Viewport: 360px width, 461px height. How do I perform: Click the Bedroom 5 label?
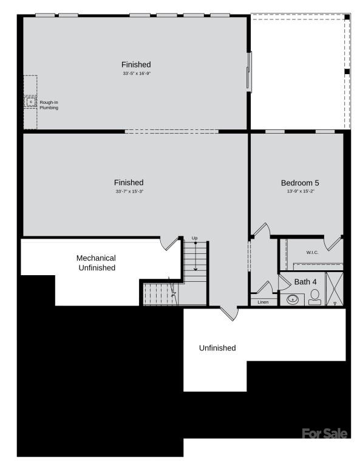pyautogui.click(x=299, y=183)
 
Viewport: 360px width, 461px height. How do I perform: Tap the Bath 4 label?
pyautogui.click(x=305, y=282)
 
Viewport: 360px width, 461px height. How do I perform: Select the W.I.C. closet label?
pyautogui.click(x=312, y=252)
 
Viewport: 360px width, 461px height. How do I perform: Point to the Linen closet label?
pyautogui.click(x=263, y=302)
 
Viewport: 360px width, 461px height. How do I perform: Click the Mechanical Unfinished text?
pyautogui.click(x=96, y=262)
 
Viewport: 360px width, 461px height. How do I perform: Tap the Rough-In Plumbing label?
pyautogui.click(x=49, y=104)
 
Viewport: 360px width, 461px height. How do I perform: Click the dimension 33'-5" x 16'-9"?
pyautogui.click(x=136, y=73)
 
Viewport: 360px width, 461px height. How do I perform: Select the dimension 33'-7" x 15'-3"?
pyautogui.click(x=129, y=191)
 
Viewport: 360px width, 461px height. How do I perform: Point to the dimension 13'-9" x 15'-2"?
pyautogui.click(x=300, y=191)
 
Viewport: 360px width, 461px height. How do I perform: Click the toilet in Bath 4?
pyautogui.click(x=314, y=297)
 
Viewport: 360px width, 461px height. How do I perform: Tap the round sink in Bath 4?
pyautogui.click(x=293, y=299)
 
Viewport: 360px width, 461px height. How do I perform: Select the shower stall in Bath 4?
pyautogui.click(x=335, y=289)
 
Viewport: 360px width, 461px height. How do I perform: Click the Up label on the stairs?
pyautogui.click(x=195, y=237)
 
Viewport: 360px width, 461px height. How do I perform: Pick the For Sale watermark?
pyautogui.click(x=325, y=433)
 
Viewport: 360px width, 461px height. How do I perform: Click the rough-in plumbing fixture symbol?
pyautogui.click(x=30, y=102)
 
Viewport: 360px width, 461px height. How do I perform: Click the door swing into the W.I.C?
pyautogui.click(x=333, y=243)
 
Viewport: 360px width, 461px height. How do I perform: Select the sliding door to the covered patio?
pyautogui.click(x=249, y=70)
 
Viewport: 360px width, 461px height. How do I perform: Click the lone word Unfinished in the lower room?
pyautogui.click(x=217, y=348)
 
